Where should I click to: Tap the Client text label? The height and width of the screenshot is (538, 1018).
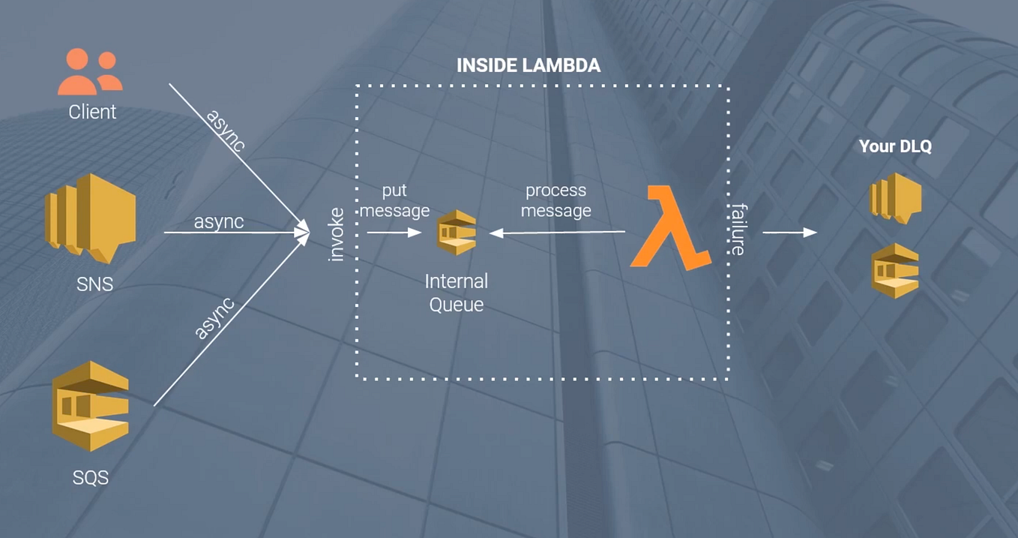pos(92,112)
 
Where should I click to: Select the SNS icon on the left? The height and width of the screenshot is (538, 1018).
pos(91,218)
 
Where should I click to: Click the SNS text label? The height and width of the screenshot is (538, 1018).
pos(95,284)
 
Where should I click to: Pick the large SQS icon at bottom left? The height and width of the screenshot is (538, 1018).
pos(91,405)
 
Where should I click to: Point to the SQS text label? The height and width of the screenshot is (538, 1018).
pos(91,477)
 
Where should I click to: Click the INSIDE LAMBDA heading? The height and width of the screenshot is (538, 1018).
pos(528,66)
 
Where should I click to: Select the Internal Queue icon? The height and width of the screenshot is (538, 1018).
pos(457,233)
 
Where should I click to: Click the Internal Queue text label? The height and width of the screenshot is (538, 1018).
pos(457,293)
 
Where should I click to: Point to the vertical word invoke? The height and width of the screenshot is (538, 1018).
pos(337,235)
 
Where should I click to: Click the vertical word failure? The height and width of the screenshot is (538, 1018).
pos(738,230)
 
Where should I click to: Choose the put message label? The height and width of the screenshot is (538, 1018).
pos(394,201)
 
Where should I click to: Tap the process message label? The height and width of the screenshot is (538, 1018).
pos(555,201)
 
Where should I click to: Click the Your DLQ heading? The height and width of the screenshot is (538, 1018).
pos(895,146)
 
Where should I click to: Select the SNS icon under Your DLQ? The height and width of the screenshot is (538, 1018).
pos(895,198)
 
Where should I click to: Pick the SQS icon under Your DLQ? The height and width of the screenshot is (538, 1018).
pos(895,270)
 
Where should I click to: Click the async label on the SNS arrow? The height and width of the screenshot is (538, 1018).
pos(218,222)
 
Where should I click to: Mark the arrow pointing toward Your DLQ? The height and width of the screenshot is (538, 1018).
pos(789,233)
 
